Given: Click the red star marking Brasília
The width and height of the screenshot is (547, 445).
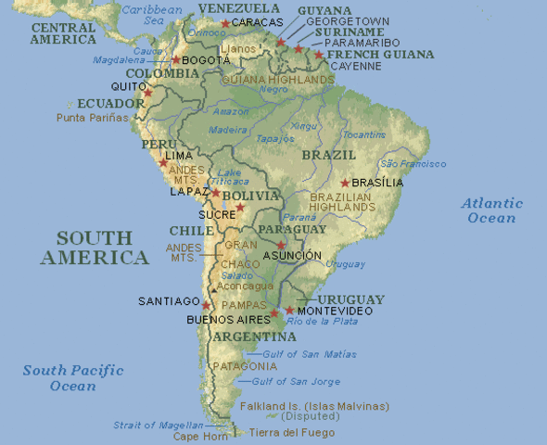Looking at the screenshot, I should point(345,183).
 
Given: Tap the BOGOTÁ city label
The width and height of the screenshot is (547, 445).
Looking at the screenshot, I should point(206,59).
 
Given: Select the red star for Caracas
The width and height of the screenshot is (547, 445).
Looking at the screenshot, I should point(225,23).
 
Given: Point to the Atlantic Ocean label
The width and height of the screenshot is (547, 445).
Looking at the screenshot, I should point(492,210).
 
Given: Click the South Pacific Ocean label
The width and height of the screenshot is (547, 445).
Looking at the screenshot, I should point(73,377).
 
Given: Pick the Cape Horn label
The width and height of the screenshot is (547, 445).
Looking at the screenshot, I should point(199,436).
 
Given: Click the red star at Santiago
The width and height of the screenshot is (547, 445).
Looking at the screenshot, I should point(207,305).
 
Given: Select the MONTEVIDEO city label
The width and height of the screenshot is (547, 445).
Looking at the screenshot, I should point(336,311).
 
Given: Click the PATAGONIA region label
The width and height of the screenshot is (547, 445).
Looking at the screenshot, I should point(246,366).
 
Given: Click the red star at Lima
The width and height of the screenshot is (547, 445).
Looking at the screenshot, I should point(163,162).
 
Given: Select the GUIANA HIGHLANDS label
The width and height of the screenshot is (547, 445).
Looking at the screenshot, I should point(277,80).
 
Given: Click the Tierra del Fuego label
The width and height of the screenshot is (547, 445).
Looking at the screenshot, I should point(292,432).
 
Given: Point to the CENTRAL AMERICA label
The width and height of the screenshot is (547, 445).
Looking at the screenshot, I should point(64,33).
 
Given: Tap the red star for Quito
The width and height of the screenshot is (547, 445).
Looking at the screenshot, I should point(147,93).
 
